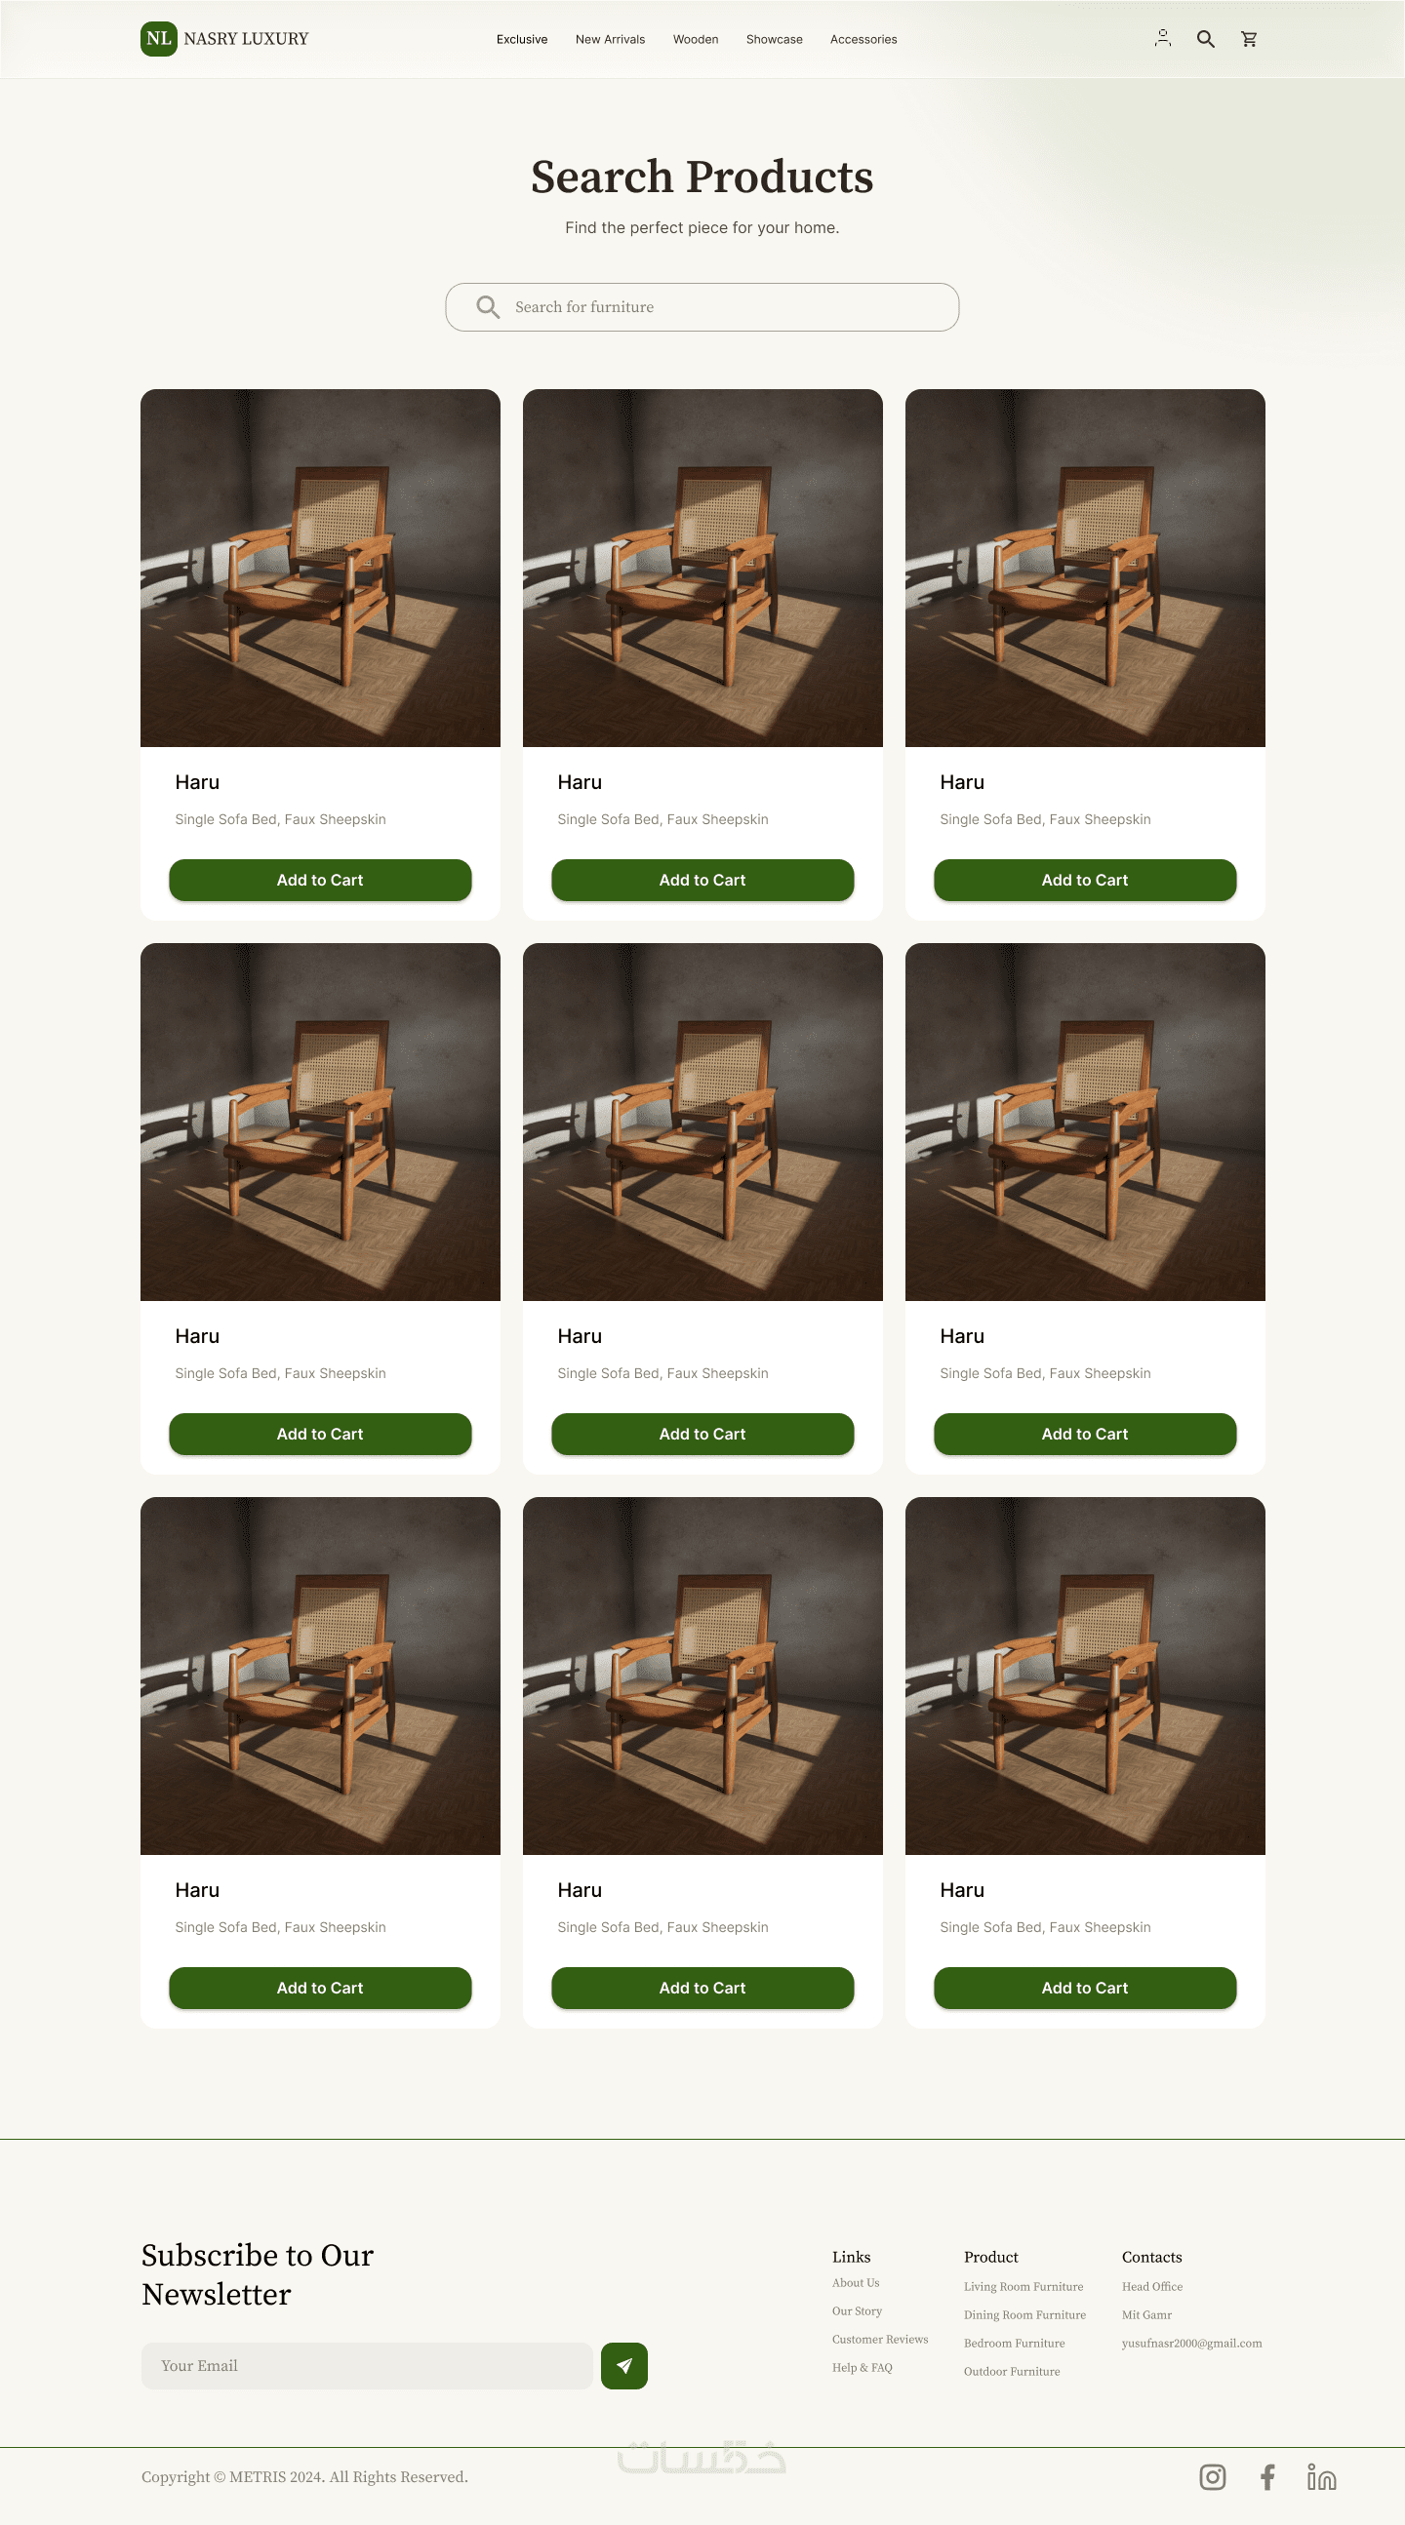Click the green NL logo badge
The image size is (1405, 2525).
(159, 39)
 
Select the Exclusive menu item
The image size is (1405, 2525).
(522, 39)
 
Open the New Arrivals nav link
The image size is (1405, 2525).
(610, 39)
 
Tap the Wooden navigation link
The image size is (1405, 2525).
(695, 39)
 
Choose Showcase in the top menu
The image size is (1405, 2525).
(774, 39)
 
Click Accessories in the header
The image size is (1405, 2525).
(863, 39)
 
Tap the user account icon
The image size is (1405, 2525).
(1163, 38)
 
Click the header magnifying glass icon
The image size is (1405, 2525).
(1206, 39)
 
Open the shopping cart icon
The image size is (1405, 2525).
(1249, 39)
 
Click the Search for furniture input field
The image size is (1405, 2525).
(702, 307)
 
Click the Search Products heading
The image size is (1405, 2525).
(702, 177)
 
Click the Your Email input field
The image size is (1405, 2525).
(367, 2365)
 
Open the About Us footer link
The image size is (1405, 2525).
(856, 2283)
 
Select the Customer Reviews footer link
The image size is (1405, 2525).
(880, 2339)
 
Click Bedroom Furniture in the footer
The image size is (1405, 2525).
(1014, 2343)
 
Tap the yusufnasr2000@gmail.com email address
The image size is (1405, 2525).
(1192, 2343)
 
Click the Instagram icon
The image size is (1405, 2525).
(1213, 2477)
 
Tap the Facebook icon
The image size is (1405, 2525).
(1267, 2477)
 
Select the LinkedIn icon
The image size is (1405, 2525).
(1322, 2477)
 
